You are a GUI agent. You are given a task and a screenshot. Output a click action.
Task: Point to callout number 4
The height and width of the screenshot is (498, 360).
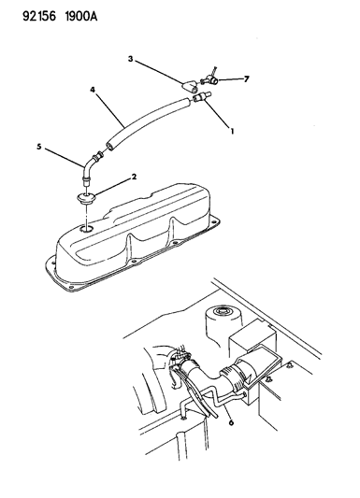pyautogui.click(x=93, y=91)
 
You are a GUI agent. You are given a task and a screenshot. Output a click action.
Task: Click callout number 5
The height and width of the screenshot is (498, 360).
pyautogui.click(x=39, y=147)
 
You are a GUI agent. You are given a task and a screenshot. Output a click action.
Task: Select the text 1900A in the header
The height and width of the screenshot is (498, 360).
pyautogui.click(x=68, y=11)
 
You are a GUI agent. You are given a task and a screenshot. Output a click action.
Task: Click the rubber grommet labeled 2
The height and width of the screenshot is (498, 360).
pyautogui.click(x=87, y=198)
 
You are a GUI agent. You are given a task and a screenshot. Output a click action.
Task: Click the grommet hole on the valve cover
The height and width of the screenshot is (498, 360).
pyautogui.click(x=87, y=228)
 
